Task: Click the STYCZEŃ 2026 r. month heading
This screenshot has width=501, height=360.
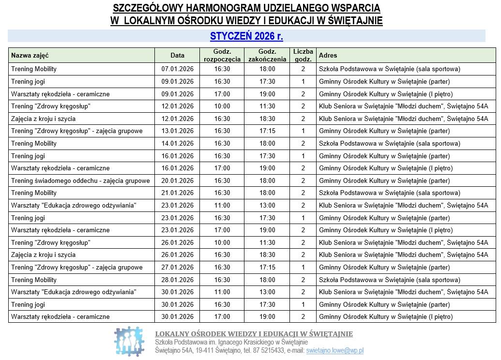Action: pyautogui.click(x=246, y=36)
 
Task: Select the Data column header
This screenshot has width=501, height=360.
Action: pyautogui.click(x=177, y=56)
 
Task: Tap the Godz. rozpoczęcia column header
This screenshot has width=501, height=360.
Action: pyautogui.click(x=222, y=56)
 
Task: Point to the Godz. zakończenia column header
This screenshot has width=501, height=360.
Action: pyautogui.click(x=267, y=56)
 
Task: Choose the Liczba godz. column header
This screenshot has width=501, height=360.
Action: pyautogui.click(x=303, y=56)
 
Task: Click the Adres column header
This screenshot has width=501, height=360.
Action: pyautogui.click(x=328, y=56)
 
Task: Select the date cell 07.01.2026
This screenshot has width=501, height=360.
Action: pyautogui.click(x=177, y=69)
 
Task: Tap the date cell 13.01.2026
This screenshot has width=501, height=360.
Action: pyautogui.click(x=177, y=131)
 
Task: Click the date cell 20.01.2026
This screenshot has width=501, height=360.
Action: pyautogui.click(x=177, y=180)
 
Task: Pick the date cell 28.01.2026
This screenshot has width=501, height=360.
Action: pyautogui.click(x=177, y=280)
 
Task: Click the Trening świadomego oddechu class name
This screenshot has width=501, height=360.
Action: pyautogui.click(x=80, y=180)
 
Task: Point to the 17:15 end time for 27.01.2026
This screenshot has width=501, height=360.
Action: pyautogui.click(x=267, y=267)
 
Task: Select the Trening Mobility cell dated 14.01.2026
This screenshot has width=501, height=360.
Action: pyautogui.click(x=34, y=143)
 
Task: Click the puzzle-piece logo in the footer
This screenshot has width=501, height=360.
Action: pyautogui.click(x=130, y=342)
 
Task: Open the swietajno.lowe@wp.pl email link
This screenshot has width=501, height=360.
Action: pyautogui.click(x=334, y=351)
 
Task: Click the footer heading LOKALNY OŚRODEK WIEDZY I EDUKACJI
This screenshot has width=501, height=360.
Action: pyautogui.click(x=254, y=334)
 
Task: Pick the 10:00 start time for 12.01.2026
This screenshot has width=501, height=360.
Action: pyautogui.click(x=222, y=106)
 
